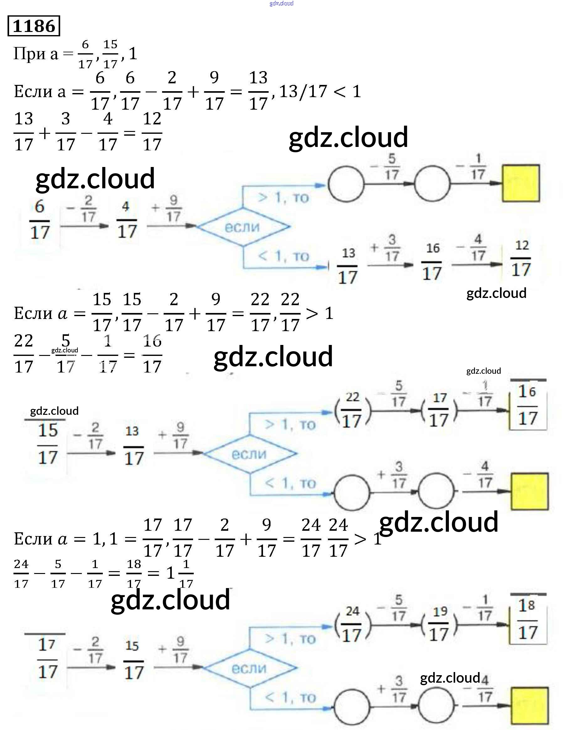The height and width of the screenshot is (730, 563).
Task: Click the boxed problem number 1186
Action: click(34, 26)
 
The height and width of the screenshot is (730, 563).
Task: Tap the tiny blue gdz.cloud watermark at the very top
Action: click(281, 3)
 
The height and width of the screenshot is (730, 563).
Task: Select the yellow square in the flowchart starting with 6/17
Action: click(520, 183)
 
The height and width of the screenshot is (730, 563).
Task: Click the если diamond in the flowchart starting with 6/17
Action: click(243, 227)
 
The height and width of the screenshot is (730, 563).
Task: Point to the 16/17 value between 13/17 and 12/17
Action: click(432, 264)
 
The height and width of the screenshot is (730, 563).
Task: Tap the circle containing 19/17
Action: click(439, 625)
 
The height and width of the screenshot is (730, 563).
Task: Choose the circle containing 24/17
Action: click(353, 625)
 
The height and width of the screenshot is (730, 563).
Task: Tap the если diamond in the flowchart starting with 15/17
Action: click(250, 454)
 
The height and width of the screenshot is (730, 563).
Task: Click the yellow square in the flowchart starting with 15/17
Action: click(530, 491)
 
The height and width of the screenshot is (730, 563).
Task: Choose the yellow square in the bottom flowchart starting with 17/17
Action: click(530, 705)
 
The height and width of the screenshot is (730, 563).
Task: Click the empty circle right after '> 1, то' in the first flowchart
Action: click(346, 184)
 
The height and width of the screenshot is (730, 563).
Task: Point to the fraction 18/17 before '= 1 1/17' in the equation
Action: click(134, 574)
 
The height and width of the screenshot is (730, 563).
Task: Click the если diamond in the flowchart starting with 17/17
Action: click(250, 669)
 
